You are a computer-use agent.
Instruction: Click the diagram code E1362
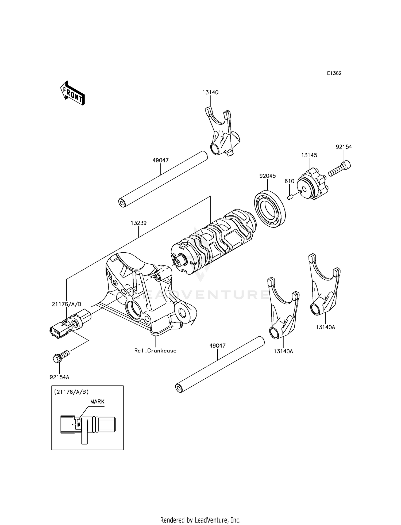334,73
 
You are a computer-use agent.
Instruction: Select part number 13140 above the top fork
210,92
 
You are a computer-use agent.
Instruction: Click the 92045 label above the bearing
268,176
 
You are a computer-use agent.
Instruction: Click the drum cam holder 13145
312,184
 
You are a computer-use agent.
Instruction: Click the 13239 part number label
138,223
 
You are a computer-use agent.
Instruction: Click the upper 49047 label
160,160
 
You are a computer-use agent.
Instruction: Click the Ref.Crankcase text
155,351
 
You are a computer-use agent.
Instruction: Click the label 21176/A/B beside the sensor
66,304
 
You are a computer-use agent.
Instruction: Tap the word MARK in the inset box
97,402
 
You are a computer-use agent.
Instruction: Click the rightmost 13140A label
325,327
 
